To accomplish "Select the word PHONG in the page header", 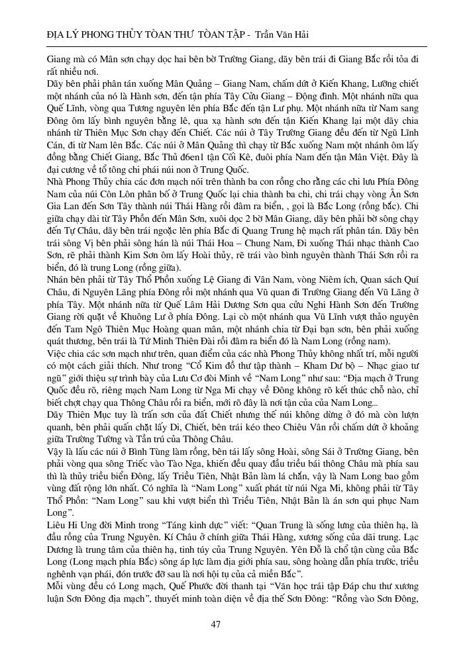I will (86, 34).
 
